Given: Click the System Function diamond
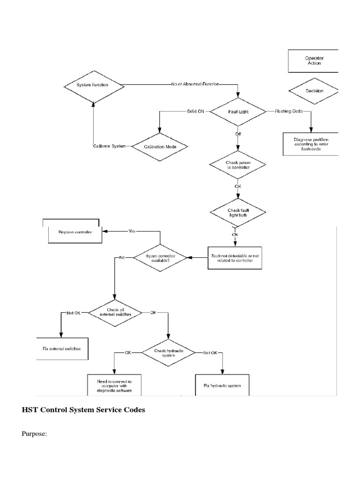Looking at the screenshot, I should [x=93, y=85].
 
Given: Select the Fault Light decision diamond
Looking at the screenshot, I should [x=238, y=112].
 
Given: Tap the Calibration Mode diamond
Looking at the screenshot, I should [x=159, y=147].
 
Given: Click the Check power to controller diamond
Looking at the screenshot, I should [x=238, y=165].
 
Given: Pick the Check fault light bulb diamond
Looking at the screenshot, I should [x=238, y=212].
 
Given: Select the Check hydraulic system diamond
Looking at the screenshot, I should [x=168, y=352].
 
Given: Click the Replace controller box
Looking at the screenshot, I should [x=75, y=232].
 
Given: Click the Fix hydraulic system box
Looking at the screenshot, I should [x=222, y=385].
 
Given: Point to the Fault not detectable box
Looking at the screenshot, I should [x=235, y=257].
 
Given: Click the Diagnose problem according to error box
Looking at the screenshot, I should [x=310, y=144].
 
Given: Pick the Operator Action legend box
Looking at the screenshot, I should [x=314, y=60].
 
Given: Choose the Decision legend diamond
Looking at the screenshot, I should [x=314, y=91].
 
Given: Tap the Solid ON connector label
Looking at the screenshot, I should [x=196, y=112].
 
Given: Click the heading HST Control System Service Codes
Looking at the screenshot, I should [x=83, y=410].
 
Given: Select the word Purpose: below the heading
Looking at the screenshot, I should [x=34, y=434].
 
